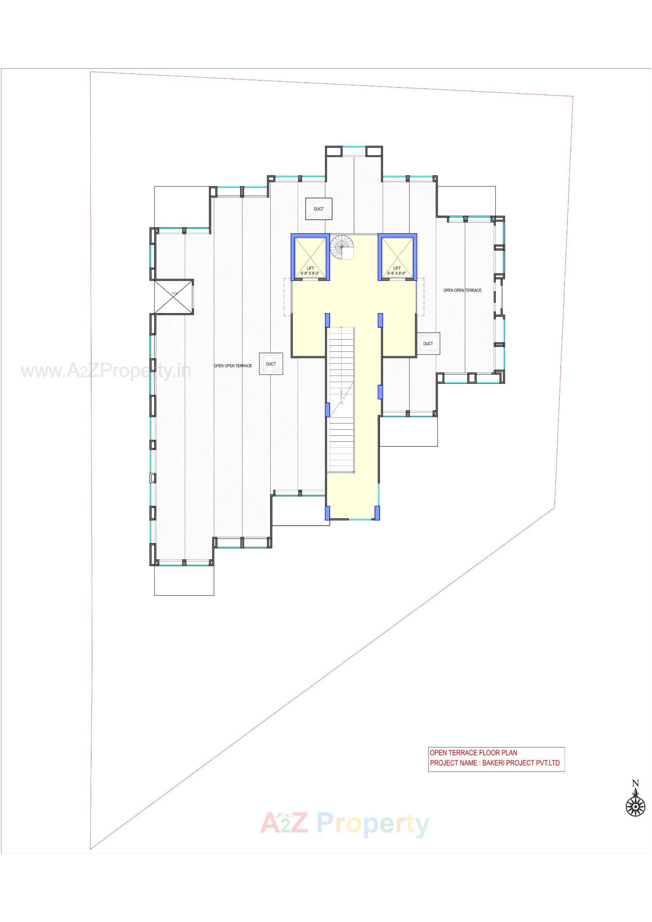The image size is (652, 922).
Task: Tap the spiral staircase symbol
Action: point(341,247)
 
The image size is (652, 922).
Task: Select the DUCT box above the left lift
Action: point(319,209)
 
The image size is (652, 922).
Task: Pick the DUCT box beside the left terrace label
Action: point(271,364)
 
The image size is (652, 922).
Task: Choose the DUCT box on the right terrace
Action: point(428,343)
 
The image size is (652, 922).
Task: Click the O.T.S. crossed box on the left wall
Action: point(174,296)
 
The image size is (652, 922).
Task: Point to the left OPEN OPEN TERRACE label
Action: point(233,366)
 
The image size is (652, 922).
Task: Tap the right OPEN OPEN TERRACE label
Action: point(462,290)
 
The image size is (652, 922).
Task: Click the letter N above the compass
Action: point(635,783)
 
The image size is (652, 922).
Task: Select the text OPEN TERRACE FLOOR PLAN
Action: point(473,753)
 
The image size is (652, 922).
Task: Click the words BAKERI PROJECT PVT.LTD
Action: point(521,763)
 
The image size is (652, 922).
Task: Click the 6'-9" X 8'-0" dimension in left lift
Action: point(310,273)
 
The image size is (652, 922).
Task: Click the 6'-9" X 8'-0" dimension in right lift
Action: point(397,273)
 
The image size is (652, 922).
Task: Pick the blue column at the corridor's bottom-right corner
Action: point(377,512)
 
